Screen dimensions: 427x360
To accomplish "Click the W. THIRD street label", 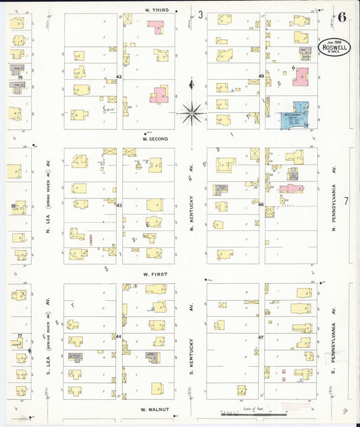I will [156, 10].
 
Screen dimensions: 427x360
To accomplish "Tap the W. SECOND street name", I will [155, 139].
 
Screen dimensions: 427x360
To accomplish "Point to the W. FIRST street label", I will [155, 274].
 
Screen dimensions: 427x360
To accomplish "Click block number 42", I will [119, 77].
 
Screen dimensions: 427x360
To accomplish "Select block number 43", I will [119, 205].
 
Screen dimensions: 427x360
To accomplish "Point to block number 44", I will [119, 336].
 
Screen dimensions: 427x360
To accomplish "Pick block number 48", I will [260, 204].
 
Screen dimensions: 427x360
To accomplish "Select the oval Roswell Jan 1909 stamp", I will [334, 47].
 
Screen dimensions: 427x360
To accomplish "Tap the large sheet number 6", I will [343, 17].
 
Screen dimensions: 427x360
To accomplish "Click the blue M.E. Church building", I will [295, 116].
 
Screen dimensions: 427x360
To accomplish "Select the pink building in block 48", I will [291, 189].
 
